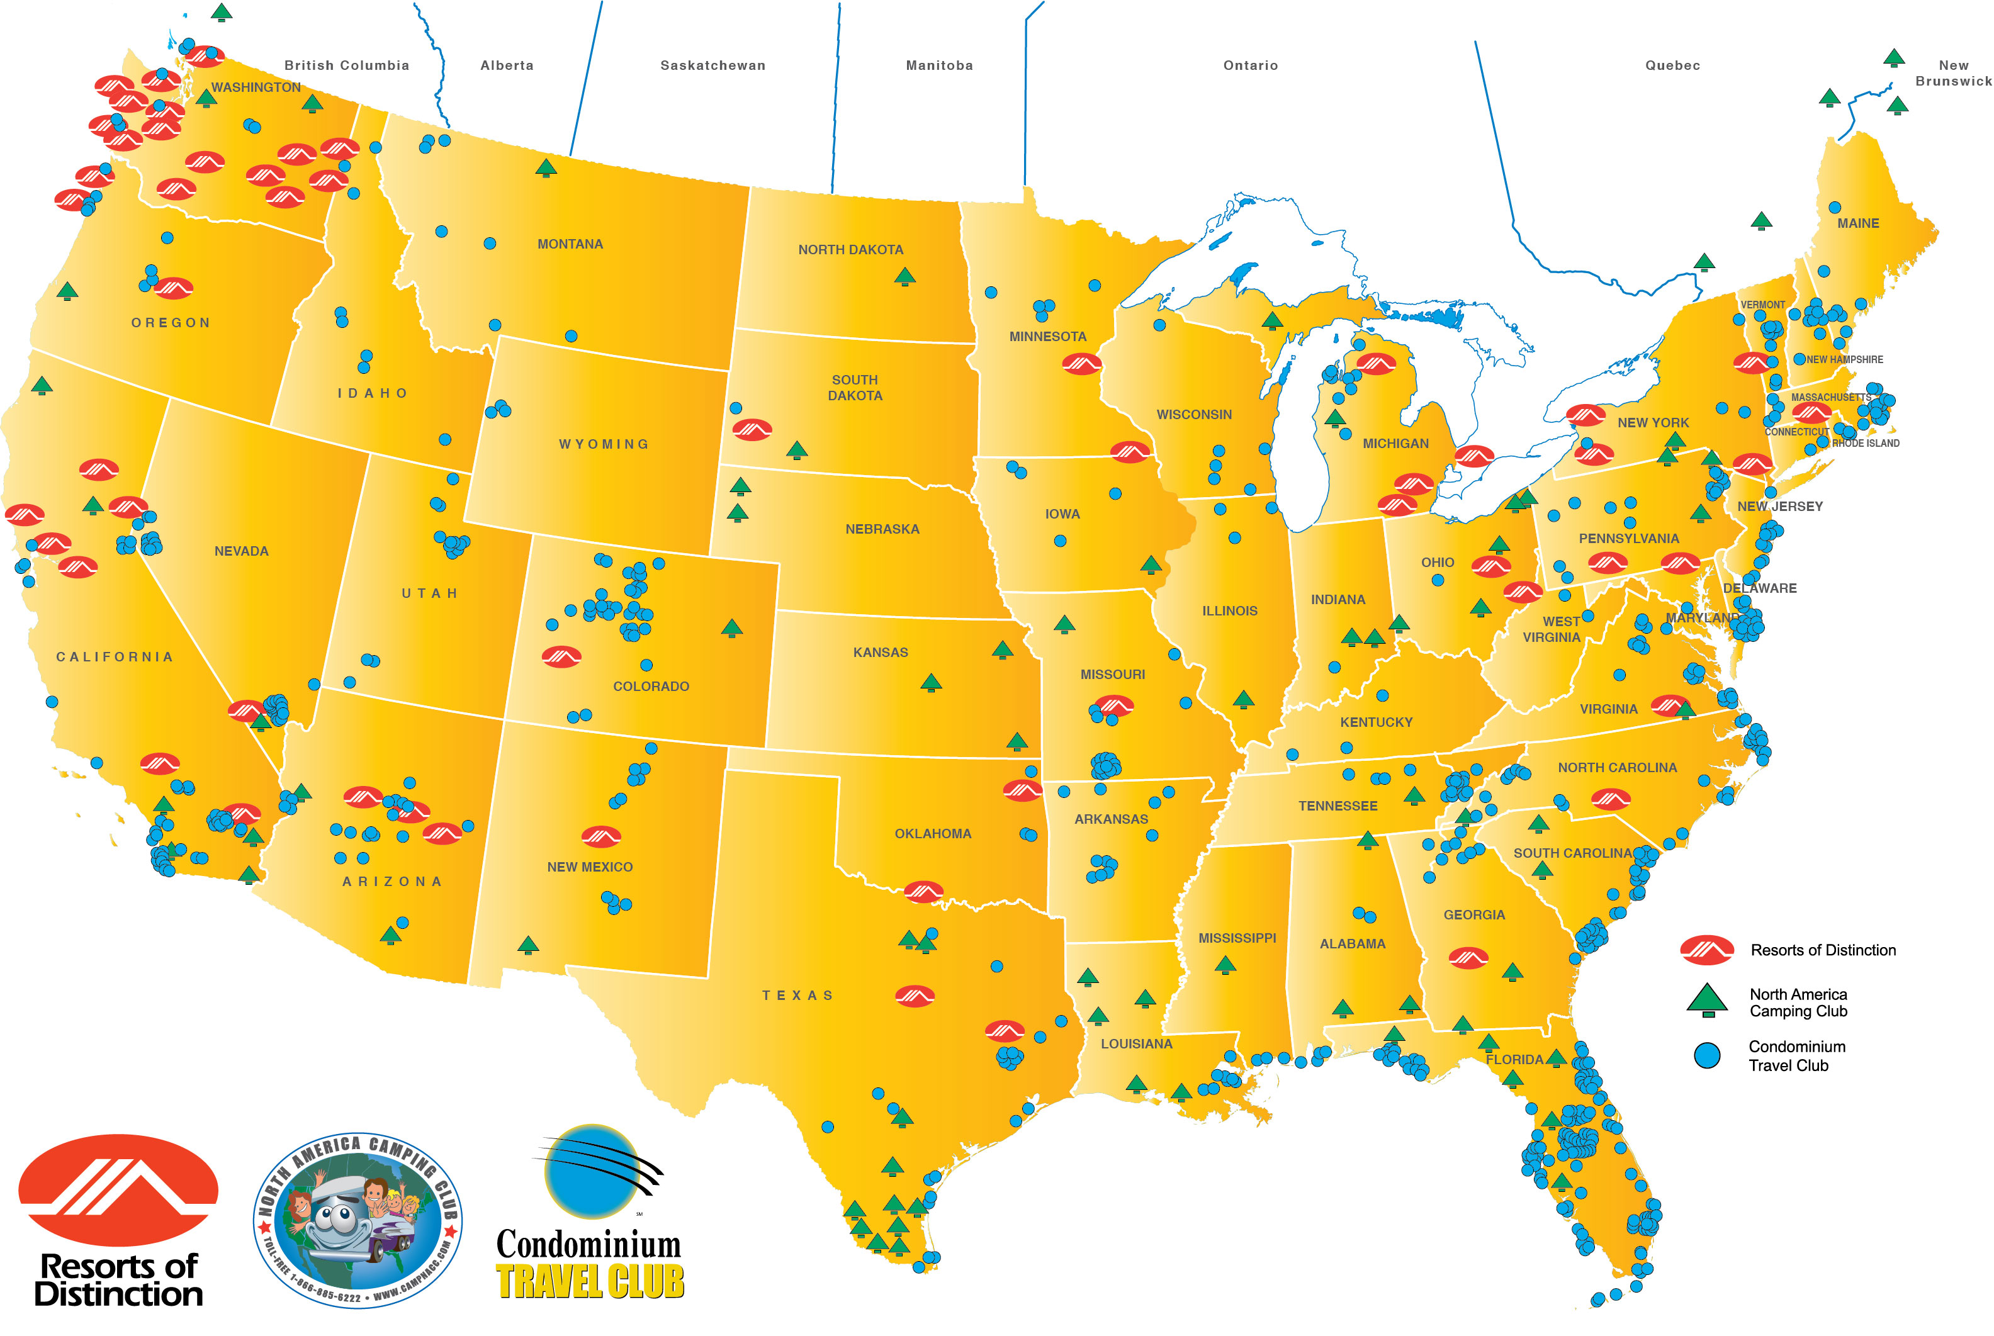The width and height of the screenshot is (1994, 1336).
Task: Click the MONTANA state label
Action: (x=570, y=245)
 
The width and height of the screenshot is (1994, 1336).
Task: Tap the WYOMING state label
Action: (x=604, y=444)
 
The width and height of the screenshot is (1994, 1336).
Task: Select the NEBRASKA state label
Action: (x=882, y=529)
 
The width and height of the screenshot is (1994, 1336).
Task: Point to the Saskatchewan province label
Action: (x=713, y=65)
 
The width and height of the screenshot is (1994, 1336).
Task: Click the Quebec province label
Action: (x=1672, y=65)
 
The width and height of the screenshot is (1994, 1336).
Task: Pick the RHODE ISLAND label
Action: (x=1866, y=443)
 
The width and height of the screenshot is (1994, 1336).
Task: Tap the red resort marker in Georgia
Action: (x=1468, y=958)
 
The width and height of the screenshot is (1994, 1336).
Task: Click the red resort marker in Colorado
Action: (x=561, y=656)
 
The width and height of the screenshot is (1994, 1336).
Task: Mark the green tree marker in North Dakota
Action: (x=905, y=276)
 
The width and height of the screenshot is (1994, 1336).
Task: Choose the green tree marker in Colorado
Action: (x=732, y=628)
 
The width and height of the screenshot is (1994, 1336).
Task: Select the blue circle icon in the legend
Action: (x=1707, y=1055)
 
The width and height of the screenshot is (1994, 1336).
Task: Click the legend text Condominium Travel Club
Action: (x=1796, y=1056)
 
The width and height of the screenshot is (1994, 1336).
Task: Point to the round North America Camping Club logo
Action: (x=358, y=1220)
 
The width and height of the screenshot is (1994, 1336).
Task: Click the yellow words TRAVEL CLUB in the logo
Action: (x=590, y=1281)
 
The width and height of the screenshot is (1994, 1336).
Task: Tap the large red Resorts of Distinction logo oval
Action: (x=118, y=1189)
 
